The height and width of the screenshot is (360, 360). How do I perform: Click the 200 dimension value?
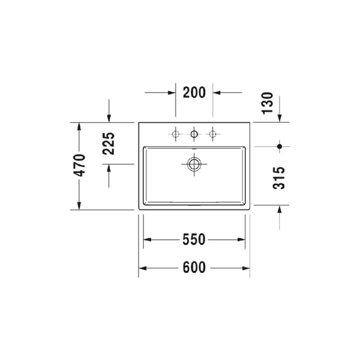pos(194,92)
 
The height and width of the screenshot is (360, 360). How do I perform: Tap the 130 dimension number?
pos(268,103)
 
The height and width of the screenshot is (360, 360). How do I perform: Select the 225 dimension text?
pos(109,143)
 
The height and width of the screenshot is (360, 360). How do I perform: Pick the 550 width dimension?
pos(194,240)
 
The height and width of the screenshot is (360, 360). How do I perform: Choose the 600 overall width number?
pos(194,268)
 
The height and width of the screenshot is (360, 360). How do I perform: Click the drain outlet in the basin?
pos(194,163)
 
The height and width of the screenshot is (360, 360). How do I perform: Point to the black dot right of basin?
pos(280,146)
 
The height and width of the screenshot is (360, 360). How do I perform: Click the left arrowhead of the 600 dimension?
pos(143,268)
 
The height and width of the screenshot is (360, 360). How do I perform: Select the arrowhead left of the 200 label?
pos(172,92)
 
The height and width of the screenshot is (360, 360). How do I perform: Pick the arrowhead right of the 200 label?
pos(217,92)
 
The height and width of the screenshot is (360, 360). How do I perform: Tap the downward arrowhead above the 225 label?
pos(109,118)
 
